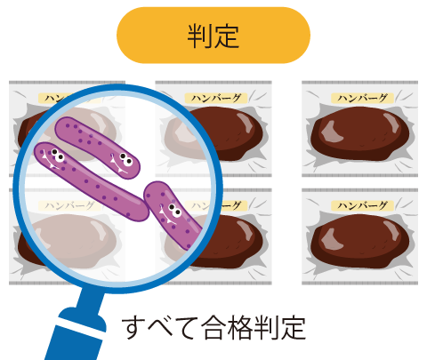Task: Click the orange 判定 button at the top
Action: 213,36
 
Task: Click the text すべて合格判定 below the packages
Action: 213,328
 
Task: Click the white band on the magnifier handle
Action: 80,327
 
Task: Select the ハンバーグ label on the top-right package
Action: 362,98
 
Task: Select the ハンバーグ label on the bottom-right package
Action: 362,205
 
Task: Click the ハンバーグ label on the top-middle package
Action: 216,98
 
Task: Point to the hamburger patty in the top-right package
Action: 360,133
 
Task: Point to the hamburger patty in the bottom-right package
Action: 360,241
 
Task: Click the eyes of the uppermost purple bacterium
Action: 126,159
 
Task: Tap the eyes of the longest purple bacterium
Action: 58,155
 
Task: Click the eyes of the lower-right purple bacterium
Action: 174,210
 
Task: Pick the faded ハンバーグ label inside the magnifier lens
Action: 70,205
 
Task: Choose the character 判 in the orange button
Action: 199,36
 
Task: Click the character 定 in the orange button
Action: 227,36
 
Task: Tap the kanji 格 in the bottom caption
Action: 239,328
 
